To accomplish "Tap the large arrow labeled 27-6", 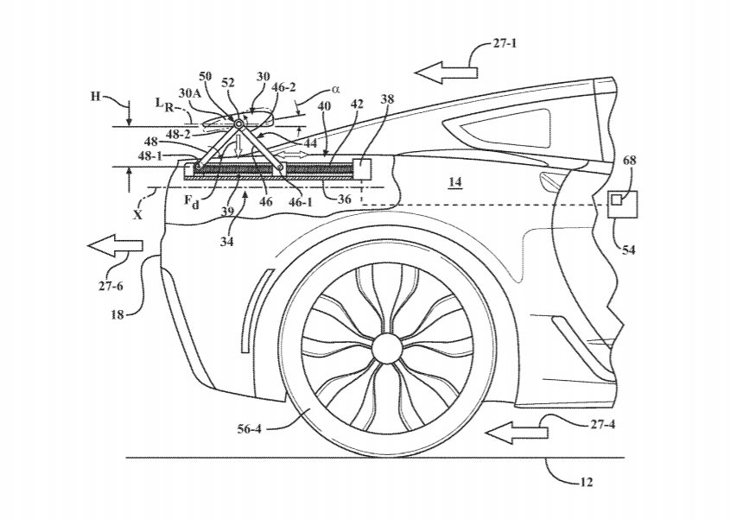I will click(x=114, y=247).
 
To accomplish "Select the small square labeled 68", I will click(x=617, y=199).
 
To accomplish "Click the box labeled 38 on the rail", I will click(x=362, y=167).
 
